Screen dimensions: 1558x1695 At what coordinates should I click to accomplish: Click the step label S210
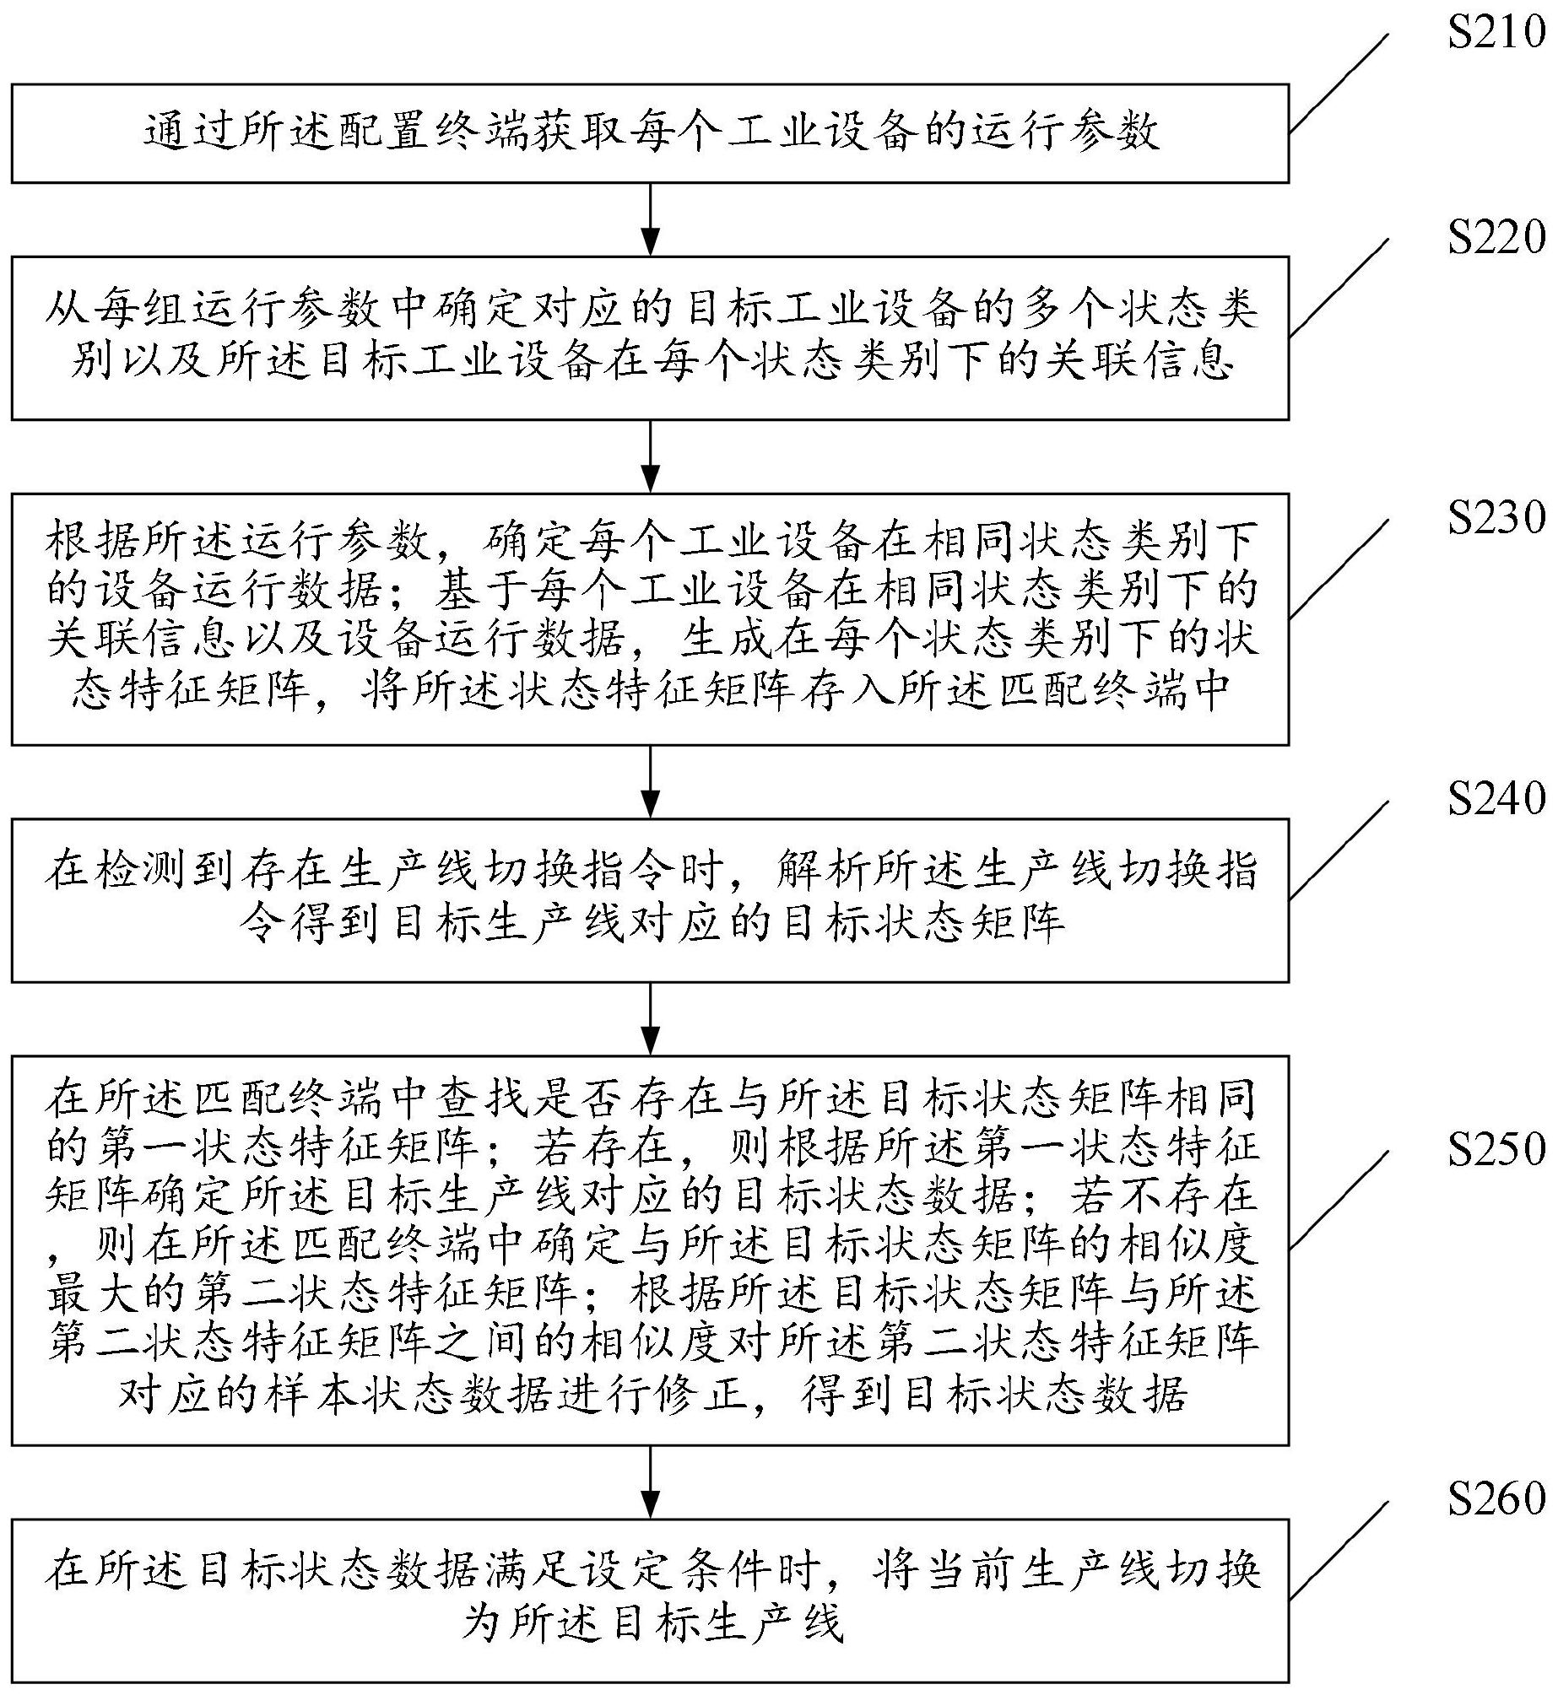click(1496, 35)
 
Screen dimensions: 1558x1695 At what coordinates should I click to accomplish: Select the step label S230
click(1496, 517)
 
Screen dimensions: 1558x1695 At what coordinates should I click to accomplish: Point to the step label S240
click(1496, 797)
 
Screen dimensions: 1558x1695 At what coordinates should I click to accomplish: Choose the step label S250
click(1496, 1148)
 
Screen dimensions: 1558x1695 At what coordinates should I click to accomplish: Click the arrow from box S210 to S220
click(650, 219)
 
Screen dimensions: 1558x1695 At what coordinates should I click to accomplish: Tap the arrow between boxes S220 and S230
click(650, 456)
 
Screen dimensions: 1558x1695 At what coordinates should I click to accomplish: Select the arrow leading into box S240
click(650, 781)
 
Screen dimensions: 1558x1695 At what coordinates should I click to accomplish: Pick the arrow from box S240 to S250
click(650, 1019)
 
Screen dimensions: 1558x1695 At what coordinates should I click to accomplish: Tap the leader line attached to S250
click(1339, 1200)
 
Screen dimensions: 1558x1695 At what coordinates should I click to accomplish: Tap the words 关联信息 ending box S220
click(1139, 361)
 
